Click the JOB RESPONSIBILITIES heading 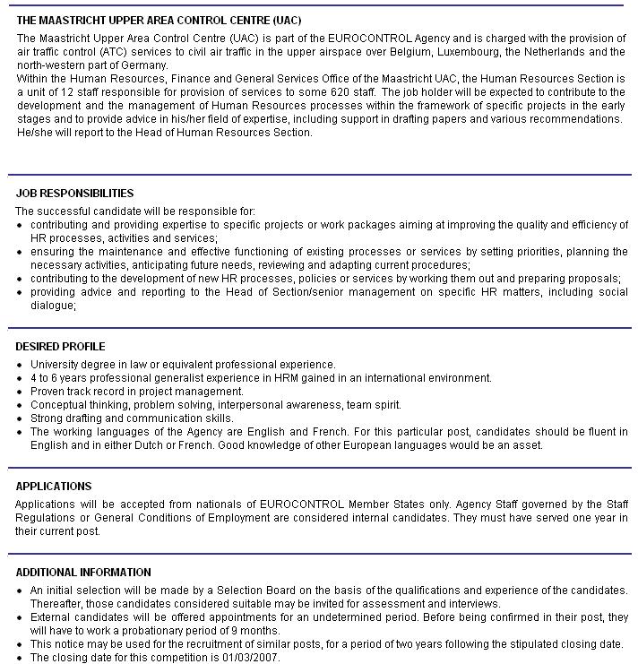coord(74,194)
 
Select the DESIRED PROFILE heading coord(60,347)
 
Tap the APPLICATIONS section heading coord(54,487)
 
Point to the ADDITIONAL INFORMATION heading coord(83,573)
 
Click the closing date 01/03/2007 coord(253,657)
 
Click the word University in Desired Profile coord(55,365)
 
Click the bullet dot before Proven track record coord(20,392)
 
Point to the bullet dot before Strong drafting coord(20,419)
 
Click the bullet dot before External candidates coord(20,618)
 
